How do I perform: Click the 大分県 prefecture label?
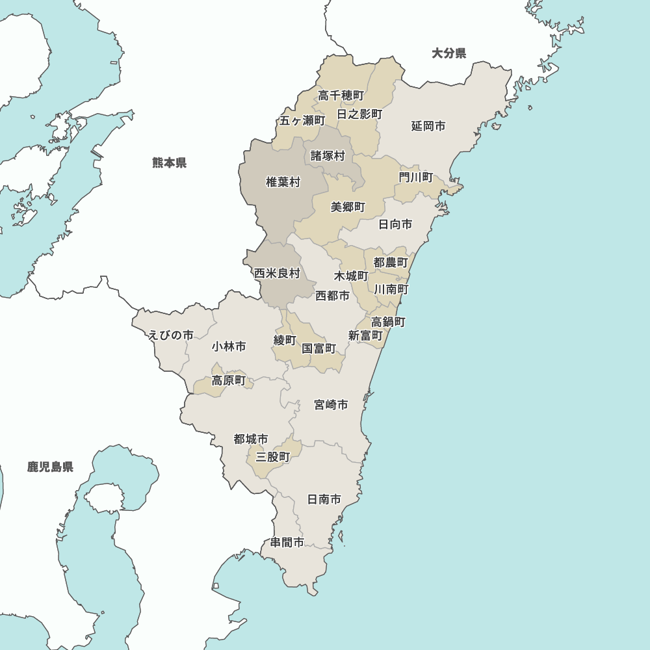(x=449, y=53)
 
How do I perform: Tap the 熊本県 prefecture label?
(x=170, y=162)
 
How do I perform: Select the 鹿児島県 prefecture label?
(x=50, y=467)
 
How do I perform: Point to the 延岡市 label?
(x=428, y=126)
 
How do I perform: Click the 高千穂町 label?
(x=341, y=96)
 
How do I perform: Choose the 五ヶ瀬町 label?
(x=302, y=120)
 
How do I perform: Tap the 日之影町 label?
(x=359, y=114)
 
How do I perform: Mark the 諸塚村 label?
(x=328, y=156)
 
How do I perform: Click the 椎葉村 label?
(x=283, y=182)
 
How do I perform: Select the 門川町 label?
(x=416, y=177)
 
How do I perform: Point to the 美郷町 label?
(x=348, y=207)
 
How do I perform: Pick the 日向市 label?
(x=395, y=224)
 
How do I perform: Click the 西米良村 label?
(x=277, y=273)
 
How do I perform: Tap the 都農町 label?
(x=391, y=263)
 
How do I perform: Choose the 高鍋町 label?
(x=389, y=322)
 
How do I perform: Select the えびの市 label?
(x=170, y=335)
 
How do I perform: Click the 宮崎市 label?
(x=331, y=405)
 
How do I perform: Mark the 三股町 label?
(x=273, y=457)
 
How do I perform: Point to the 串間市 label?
(x=287, y=542)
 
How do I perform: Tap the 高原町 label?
(x=229, y=381)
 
